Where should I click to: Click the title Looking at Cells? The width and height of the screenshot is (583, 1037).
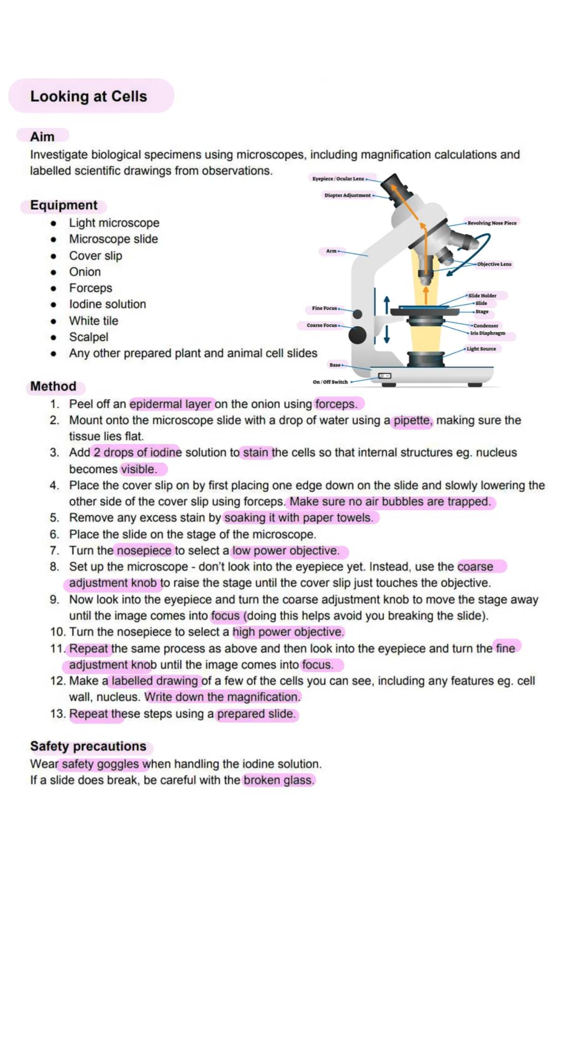click(x=89, y=96)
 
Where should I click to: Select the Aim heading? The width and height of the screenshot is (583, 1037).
click(x=42, y=137)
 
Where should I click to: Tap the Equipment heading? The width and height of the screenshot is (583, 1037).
click(x=64, y=205)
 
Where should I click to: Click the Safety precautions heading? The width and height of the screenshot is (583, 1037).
click(x=88, y=746)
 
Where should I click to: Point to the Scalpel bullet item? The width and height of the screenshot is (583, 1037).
click(x=89, y=337)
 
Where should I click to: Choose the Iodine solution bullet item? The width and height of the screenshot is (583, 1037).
click(x=107, y=304)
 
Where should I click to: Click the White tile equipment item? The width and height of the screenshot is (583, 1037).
click(x=93, y=321)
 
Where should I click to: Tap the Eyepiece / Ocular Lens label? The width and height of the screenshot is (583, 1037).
click(x=338, y=178)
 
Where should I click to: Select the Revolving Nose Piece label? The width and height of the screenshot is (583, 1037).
click(x=492, y=223)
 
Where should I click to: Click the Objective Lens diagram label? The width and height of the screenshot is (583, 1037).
click(x=494, y=264)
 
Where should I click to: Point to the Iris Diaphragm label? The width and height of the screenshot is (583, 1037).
click(x=487, y=333)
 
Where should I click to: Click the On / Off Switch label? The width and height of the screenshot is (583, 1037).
click(x=330, y=382)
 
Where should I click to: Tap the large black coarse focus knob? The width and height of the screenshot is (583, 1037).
click(x=357, y=335)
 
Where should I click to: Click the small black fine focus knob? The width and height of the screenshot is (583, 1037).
click(x=357, y=314)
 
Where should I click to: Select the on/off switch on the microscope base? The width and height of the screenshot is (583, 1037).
click(x=384, y=375)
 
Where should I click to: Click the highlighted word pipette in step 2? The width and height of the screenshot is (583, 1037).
click(x=412, y=420)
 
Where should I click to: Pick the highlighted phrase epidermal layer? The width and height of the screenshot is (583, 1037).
click(x=171, y=404)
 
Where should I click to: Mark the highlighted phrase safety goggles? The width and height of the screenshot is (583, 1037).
click(x=100, y=764)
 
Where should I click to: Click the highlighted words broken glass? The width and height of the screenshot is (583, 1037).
click(x=278, y=780)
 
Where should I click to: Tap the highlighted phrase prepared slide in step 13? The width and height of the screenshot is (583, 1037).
click(x=256, y=714)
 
